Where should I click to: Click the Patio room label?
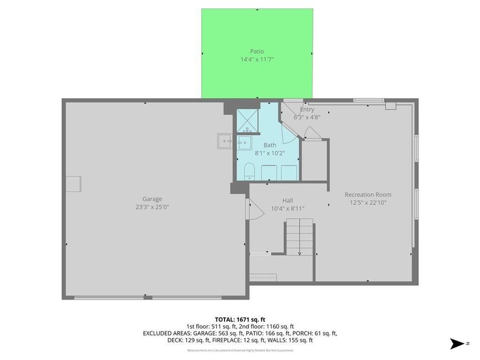coord(257,51)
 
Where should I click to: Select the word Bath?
coord(270,145)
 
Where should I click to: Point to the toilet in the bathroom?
coord(249,172)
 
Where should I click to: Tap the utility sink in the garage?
coord(224,142)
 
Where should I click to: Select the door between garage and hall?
coord(254,209)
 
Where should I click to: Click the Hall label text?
coord(287,201)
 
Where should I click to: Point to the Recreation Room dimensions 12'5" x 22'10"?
coord(368,203)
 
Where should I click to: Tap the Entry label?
coord(307,110)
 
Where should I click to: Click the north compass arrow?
coord(458,344)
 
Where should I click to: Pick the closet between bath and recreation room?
coord(314,160)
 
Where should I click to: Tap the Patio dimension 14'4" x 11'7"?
coord(257,60)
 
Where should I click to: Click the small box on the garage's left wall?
coord(73,183)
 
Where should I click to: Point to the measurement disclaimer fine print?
coord(245,350)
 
